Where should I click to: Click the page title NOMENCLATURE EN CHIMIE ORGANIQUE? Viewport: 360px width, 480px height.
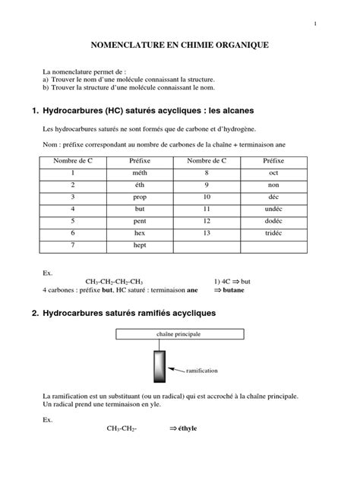point(180,46)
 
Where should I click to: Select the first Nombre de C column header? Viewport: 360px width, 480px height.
point(73,161)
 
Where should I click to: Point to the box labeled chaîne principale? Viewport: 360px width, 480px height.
point(180,333)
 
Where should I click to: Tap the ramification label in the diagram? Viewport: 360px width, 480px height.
point(201,371)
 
